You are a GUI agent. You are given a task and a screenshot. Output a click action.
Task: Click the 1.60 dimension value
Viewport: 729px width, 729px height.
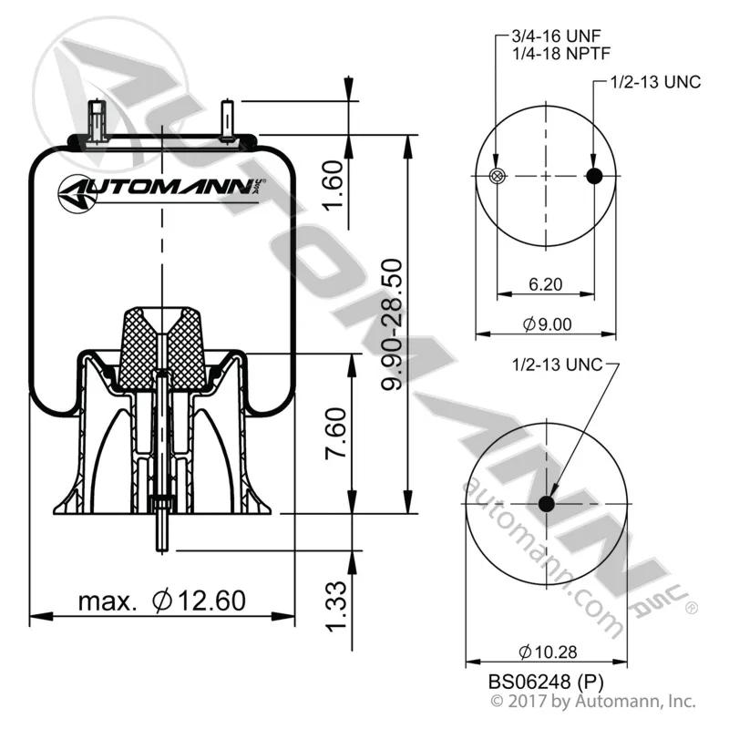tap(333, 186)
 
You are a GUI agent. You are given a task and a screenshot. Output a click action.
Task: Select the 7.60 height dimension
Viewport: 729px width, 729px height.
tap(335, 434)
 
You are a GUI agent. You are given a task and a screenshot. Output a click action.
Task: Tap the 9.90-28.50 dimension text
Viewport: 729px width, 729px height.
tap(392, 324)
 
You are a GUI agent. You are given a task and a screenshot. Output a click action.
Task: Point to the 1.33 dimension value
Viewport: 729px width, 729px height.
tap(335, 606)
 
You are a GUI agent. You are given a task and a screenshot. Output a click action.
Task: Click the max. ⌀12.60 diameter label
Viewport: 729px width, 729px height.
tap(162, 601)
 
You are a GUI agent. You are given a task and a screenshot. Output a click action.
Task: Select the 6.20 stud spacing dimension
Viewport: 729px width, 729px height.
tap(545, 283)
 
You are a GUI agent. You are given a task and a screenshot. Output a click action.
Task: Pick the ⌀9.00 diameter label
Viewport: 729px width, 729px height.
tap(547, 324)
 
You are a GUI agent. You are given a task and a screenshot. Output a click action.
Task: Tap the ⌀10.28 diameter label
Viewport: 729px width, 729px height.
tap(548, 652)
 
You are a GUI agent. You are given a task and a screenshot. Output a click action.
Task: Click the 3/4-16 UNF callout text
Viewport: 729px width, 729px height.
tap(556, 36)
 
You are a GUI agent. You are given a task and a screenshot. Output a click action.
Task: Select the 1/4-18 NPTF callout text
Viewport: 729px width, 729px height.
tap(561, 54)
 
